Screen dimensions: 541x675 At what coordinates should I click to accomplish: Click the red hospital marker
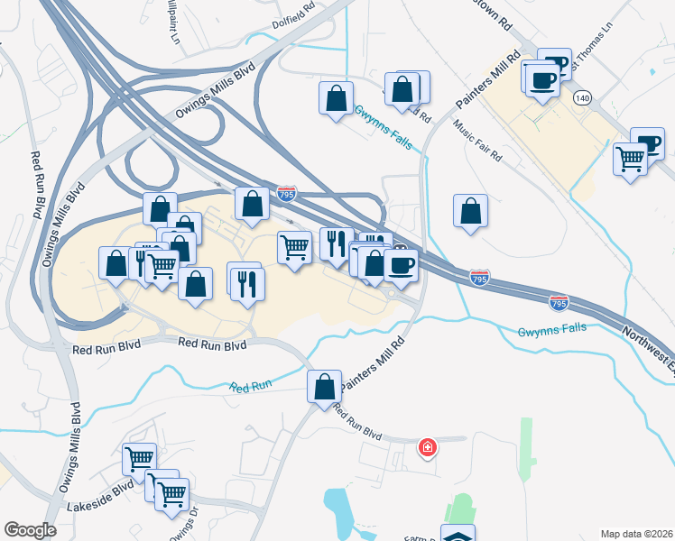tap(428, 447)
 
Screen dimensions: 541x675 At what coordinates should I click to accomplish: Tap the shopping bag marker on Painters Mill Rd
tap(325, 387)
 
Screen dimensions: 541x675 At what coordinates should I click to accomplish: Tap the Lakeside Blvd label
tap(99, 509)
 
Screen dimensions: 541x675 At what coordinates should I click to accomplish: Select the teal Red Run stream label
tap(251, 387)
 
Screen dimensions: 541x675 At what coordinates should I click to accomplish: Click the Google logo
tap(30, 530)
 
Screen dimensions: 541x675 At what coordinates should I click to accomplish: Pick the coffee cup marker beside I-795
tap(401, 265)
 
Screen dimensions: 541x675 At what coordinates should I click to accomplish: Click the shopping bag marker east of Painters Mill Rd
tap(470, 213)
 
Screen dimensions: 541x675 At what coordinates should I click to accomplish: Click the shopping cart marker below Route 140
tap(631, 160)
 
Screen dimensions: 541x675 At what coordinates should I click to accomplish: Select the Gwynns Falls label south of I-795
tap(551, 331)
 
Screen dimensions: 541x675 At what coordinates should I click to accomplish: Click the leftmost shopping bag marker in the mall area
tap(116, 265)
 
